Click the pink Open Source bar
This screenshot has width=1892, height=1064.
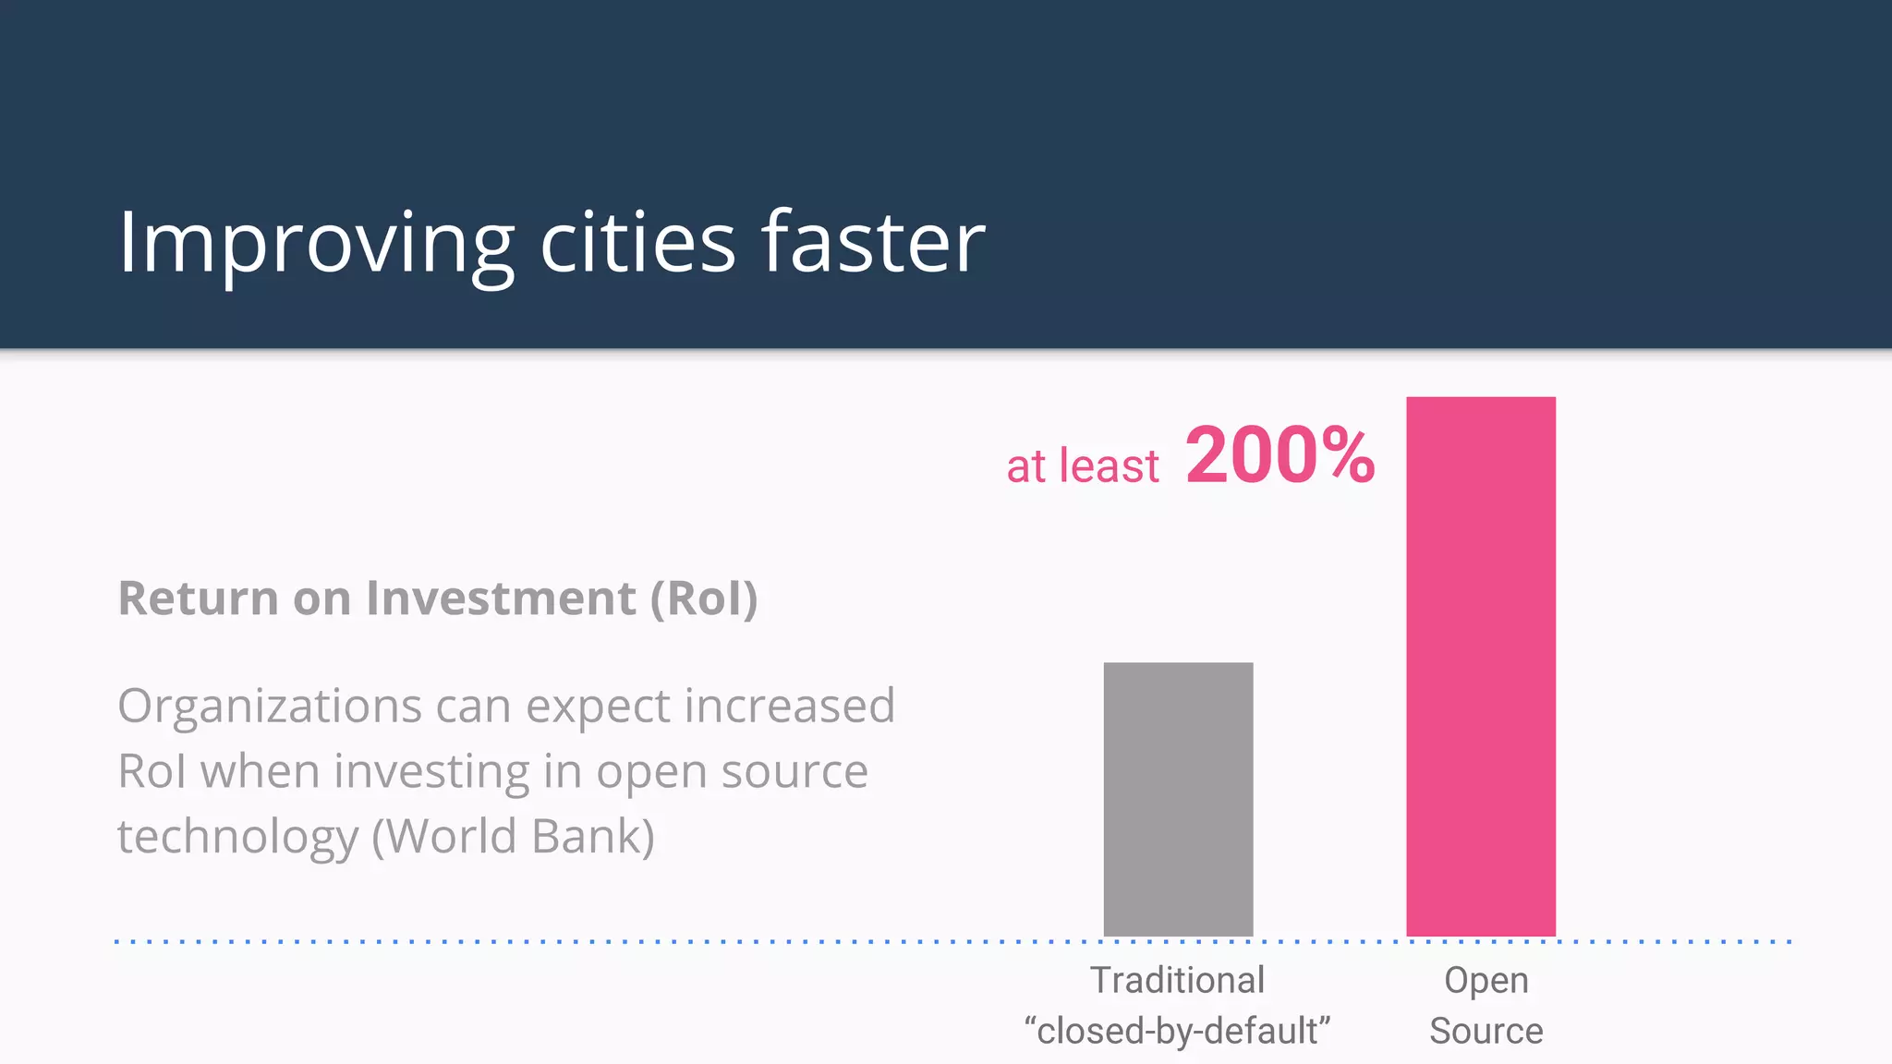(x=1481, y=665)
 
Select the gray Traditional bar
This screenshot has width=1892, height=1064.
(x=1178, y=799)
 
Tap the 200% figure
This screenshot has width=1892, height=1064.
(x=1280, y=455)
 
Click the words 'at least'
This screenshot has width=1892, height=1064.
(x=1082, y=465)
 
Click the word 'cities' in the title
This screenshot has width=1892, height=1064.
(x=637, y=242)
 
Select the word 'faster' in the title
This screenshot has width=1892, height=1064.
(x=873, y=242)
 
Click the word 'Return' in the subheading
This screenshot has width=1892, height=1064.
(x=198, y=598)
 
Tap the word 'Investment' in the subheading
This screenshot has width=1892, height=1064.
(x=501, y=598)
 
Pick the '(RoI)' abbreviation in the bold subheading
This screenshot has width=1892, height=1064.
(x=704, y=598)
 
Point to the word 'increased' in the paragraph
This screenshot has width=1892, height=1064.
(x=790, y=707)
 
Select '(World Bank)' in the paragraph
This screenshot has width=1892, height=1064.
(x=513, y=836)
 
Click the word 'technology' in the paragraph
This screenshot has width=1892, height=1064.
(x=237, y=836)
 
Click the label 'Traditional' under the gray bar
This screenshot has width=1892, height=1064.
(x=1177, y=980)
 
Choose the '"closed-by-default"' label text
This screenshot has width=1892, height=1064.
(x=1177, y=1031)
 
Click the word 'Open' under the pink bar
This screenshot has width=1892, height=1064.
(x=1486, y=980)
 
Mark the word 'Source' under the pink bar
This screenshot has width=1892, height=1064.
(x=1486, y=1031)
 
